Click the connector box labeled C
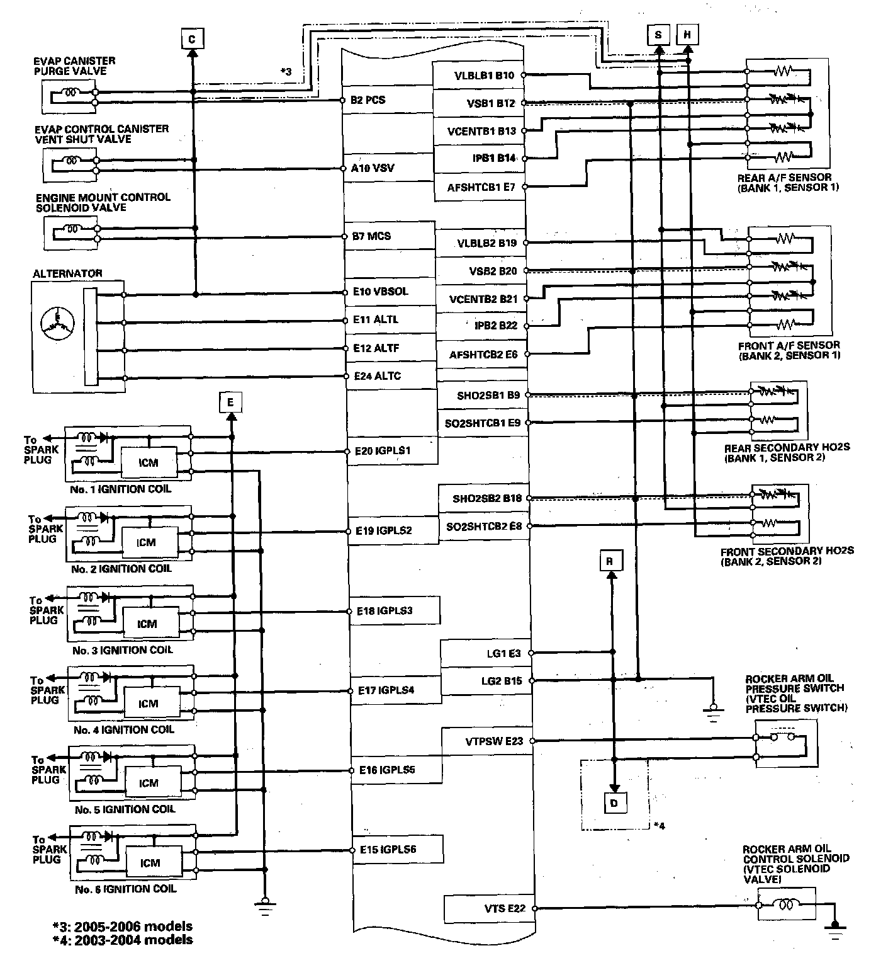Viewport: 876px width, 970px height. pyautogui.click(x=192, y=39)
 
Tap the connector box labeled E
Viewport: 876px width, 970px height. pyautogui.click(x=231, y=401)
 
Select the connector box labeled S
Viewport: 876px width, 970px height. pyautogui.click(x=658, y=35)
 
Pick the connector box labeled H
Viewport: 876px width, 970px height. pyautogui.click(x=687, y=35)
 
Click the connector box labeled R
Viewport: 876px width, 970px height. pyautogui.click(x=609, y=561)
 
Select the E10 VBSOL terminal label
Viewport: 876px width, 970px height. pyautogui.click(x=380, y=292)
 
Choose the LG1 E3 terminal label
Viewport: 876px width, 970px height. pyautogui.click(x=503, y=653)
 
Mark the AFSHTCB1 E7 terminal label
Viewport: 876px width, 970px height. pyautogui.click(x=481, y=187)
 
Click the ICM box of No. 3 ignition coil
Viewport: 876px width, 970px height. pyautogui.click(x=147, y=624)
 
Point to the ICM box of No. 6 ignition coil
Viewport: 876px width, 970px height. pyautogui.click(x=150, y=863)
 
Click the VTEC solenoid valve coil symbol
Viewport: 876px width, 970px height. pyautogui.click(x=786, y=905)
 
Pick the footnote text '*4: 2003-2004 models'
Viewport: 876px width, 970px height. pyautogui.click(x=123, y=940)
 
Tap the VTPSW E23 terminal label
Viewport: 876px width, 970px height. pyautogui.click(x=494, y=741)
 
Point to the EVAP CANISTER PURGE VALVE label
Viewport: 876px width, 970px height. pyautogui.click(x=75, y=66)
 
